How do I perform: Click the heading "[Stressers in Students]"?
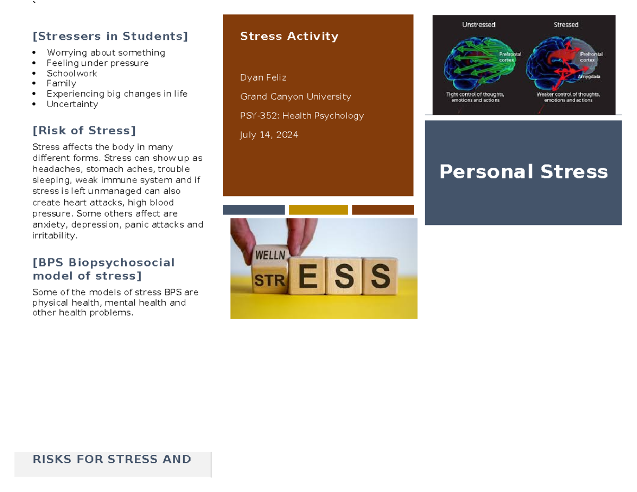(110, 36)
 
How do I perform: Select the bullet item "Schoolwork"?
(72, 73)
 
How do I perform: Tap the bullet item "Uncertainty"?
(72, 104)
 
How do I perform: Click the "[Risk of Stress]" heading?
(84, 131)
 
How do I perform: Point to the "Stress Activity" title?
(289, 36)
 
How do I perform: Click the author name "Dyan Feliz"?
(263, 77)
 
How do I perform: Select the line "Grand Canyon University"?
(296, 97)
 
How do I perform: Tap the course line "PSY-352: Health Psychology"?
(302, 116)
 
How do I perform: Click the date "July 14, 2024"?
(269, 135)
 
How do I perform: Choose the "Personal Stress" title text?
(523, 171)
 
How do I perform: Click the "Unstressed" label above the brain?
(479, 24)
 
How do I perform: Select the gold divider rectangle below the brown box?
(318, 210)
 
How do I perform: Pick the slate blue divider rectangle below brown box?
(254, 210)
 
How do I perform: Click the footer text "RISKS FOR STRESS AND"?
(112, 459)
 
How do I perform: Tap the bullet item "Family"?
(61, 83)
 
